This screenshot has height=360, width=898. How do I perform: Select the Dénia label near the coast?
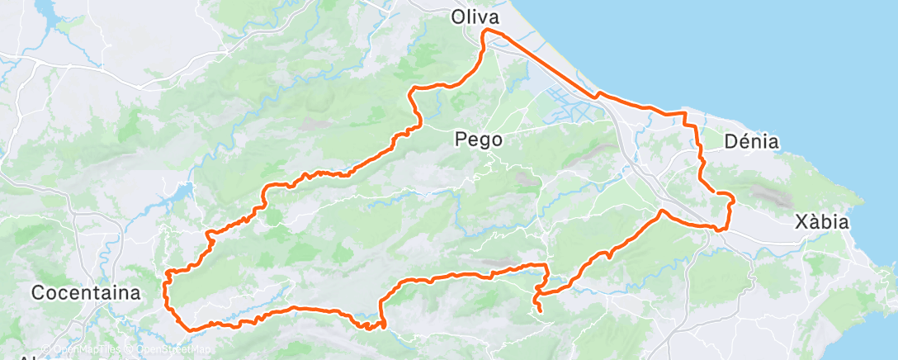pos(750,141)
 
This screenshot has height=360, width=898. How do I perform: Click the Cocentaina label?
pos(85,292)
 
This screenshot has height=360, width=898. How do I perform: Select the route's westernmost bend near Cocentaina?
pos(167,272)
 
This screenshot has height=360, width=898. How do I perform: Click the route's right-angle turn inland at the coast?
pos(684,113)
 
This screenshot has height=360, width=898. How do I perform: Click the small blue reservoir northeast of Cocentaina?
pos(182,194)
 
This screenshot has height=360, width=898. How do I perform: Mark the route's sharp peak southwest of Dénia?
pos(662,212)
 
